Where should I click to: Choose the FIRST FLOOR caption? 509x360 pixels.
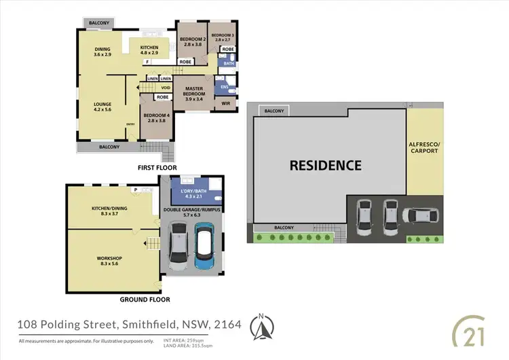pyautogui.click(x=157, y=167)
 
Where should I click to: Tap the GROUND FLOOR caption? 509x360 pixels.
pyautogui.click(x=145, y=299)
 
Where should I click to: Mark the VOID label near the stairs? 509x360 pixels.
pyautogui.click(x=166, y=88)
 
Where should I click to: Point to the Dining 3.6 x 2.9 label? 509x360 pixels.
pyautogui.click(x=103, y=52)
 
